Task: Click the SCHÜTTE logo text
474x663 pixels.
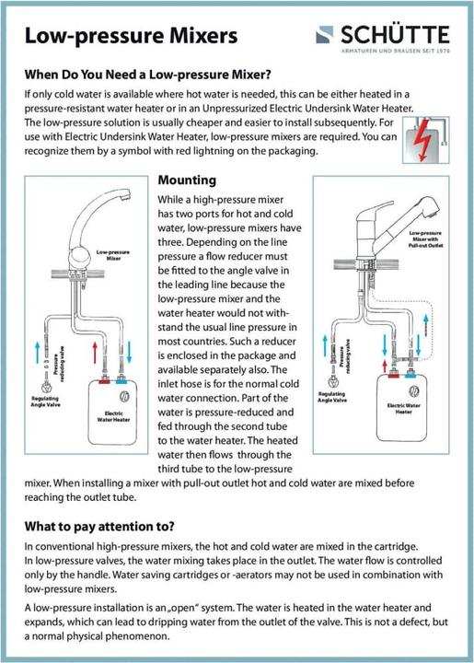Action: point(395,35)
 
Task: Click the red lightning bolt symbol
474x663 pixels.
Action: point(422,140)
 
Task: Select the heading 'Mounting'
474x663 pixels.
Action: point(187,180)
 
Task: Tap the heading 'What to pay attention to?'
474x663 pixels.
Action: point(99,527)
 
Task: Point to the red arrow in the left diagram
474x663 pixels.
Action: point(95,353)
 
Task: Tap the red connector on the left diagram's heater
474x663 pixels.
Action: point(104,381)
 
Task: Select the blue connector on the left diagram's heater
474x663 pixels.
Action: point(121,381)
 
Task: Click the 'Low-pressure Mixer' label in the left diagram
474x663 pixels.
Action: point(113,255)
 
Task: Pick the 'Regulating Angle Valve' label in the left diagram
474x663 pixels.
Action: point(45,401)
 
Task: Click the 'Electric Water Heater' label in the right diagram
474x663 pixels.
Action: point(403,409)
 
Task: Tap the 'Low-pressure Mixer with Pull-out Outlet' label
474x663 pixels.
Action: point(425,239)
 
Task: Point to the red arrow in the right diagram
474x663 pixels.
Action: point(385,366)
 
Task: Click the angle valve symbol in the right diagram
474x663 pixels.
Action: point(334,382)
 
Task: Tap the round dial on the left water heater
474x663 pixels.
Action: point(125,396)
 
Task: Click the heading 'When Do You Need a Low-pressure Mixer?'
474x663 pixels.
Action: point(148,75)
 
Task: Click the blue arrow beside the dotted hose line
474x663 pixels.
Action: point(426,325)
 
